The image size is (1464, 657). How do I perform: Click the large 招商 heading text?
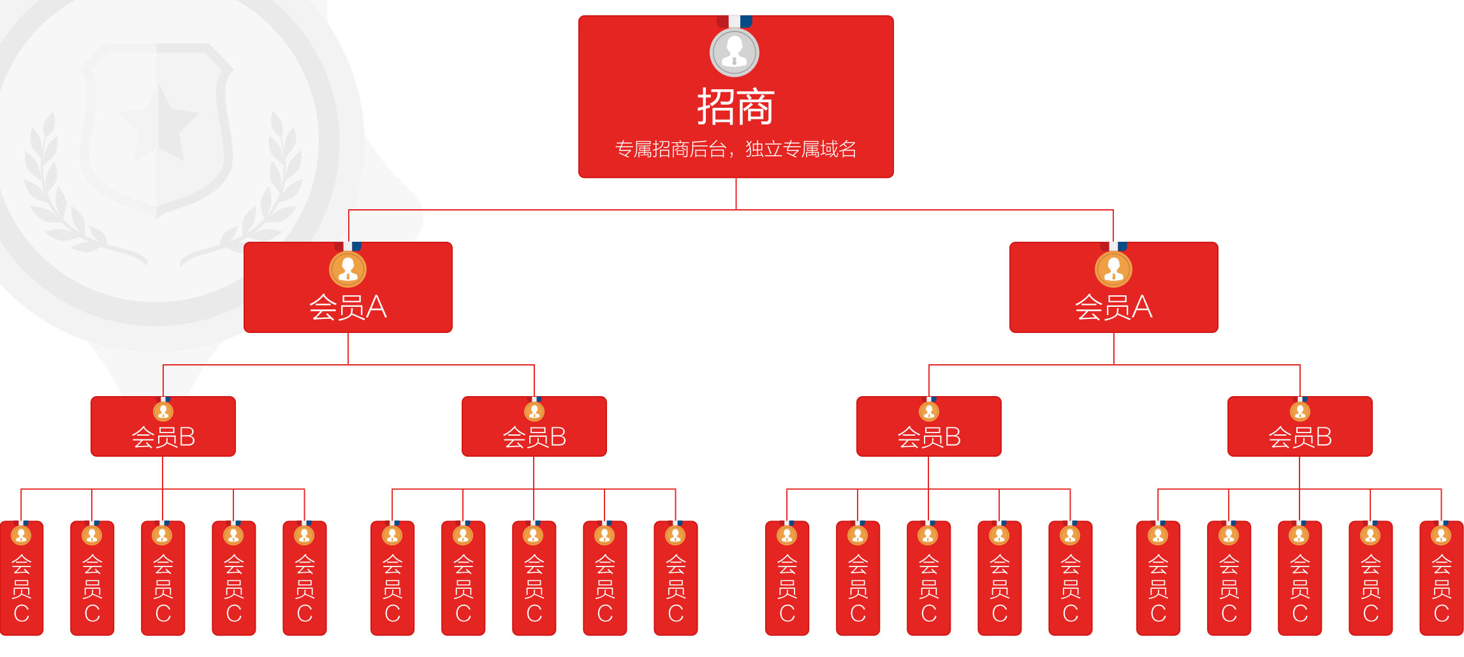pos(735,107)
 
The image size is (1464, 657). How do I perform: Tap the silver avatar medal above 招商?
pos(735,53)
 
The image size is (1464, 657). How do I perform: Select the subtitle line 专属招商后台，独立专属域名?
pos(735,149)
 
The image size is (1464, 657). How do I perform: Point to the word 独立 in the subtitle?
pos(764,149)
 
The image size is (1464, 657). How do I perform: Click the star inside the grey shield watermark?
pos(159,121)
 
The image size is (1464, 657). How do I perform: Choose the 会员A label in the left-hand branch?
pos(348,307)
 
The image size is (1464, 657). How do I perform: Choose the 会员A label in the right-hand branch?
pos(1113,307)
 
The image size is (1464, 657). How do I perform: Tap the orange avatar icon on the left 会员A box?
pos(348,270)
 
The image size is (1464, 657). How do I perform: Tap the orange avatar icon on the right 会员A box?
pos(1113,270)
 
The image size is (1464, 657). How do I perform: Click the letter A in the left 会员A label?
pos(376,307)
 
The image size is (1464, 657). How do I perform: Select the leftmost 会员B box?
pos(163,427)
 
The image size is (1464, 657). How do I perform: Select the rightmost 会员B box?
pos(1299,427)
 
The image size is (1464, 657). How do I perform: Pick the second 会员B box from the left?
pos(534,427)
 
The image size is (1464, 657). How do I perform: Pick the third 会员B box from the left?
pos(928,427)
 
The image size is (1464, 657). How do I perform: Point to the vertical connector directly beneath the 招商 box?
pos(736,193)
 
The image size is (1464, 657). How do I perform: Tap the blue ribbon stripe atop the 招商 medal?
pos(746,21)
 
